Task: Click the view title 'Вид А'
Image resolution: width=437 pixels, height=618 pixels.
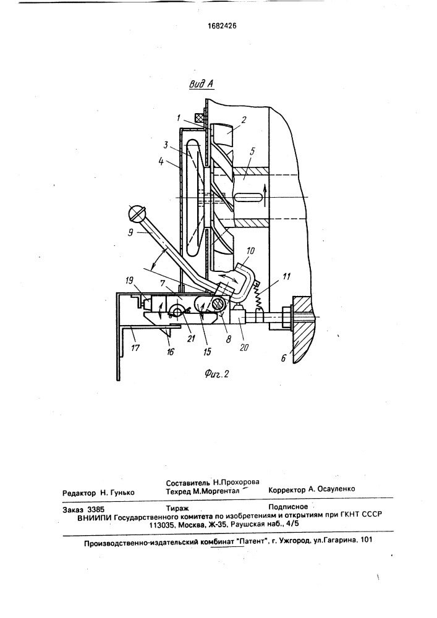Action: click(x=202, y=83)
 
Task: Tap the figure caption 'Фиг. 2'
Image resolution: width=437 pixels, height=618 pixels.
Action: click(x=217, y=373)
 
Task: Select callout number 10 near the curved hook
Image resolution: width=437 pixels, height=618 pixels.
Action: click(x=250, y=251)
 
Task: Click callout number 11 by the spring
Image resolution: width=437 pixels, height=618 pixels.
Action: click(x=286, y=276)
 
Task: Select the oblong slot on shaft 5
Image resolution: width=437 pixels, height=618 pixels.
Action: click(x=249, y=197)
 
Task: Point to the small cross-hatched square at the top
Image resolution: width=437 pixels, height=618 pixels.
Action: click(x=200, y=117)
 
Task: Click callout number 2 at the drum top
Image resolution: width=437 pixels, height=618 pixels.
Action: click(x=244, y=120)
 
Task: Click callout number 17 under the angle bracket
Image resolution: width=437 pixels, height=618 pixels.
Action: click(x=135, y=348)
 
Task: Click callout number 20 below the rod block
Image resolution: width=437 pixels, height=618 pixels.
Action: click(x=244, y=348)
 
